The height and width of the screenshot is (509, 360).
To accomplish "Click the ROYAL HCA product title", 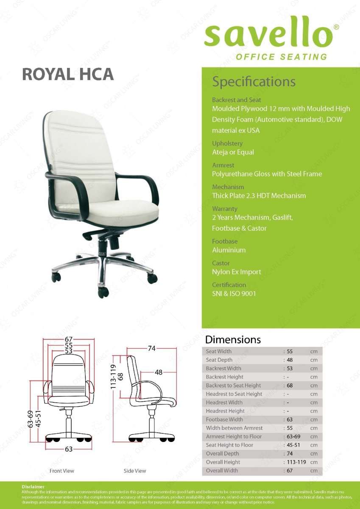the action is (68, 74).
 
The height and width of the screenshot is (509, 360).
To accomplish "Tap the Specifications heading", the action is (254, 81).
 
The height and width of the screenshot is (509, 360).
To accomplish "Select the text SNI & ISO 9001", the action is (234, 294).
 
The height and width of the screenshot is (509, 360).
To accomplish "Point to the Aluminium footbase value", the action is (229, 250).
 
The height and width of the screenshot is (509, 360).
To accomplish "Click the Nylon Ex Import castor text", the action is (237, 272).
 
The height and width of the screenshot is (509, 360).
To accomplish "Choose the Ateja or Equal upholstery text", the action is (233, 152).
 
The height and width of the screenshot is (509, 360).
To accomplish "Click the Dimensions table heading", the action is (233, 340).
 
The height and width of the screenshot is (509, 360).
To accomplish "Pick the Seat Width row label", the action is (219, 351).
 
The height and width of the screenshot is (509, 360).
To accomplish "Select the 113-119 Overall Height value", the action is (294, 462).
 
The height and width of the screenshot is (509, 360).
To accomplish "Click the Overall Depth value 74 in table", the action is (290, 453).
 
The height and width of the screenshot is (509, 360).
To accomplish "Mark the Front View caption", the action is (62, 471).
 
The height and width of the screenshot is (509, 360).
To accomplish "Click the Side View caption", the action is (135, 471).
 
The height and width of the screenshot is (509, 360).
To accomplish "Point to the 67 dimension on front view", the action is (69, 339).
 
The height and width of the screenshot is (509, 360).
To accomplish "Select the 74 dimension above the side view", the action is (152, 349).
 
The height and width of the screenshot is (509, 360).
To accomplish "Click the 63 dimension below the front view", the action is (69, 449).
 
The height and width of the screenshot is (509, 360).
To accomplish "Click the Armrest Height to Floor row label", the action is (234, 436).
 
